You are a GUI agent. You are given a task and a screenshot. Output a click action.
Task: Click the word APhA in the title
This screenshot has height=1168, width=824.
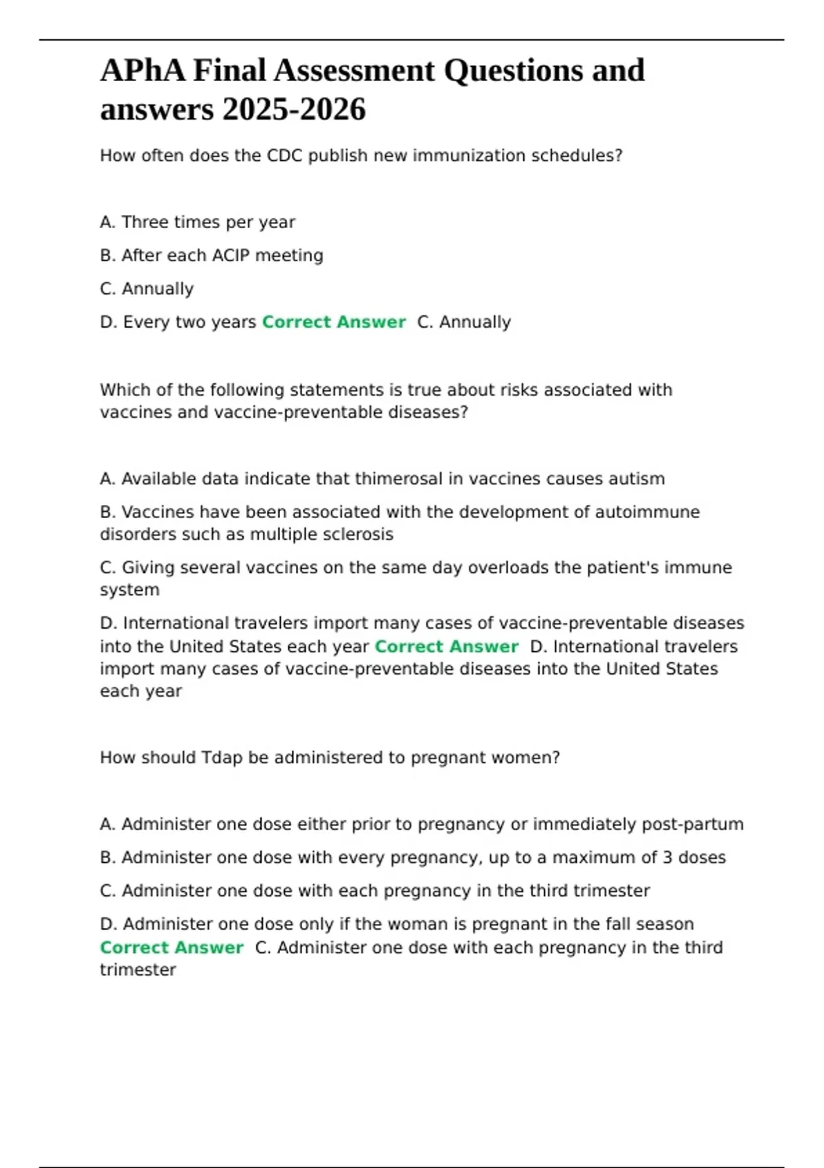pos(142,71)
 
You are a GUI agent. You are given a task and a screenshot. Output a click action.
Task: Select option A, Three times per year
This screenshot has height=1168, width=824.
pos(197,223)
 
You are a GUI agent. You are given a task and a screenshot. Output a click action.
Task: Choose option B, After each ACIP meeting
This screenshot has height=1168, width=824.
pos(211,256)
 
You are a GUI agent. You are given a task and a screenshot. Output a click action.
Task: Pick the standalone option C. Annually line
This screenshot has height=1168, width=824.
pos(146,289)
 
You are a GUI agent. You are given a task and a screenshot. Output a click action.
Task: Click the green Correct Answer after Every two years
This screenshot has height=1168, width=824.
pos(334,322)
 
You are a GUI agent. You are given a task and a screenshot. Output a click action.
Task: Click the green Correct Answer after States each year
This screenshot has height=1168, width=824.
pos(446,647)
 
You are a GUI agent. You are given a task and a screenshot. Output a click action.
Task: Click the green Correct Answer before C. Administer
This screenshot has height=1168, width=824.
pos(172,948)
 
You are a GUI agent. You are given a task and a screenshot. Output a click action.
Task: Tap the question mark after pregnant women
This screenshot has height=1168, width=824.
pos(556,758)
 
